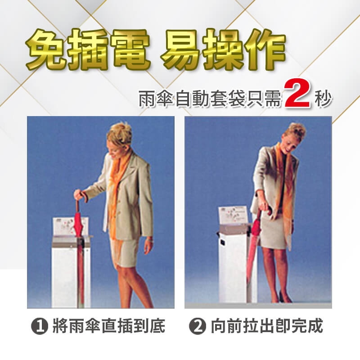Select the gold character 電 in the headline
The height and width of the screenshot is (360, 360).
pyautogui.click(x=130, y=50)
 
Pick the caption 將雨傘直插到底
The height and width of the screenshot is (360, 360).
pyautogui.click(x=109, y=326)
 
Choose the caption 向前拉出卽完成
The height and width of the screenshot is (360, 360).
pyautogui.click(x=267, y=326)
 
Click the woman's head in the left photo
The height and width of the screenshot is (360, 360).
pyautogui.click(x=118, y=140)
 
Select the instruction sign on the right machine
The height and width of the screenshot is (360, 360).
pyautogui.click(x=233, y=216)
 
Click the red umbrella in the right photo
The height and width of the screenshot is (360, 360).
pyautogui.click(x=254, y=246)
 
